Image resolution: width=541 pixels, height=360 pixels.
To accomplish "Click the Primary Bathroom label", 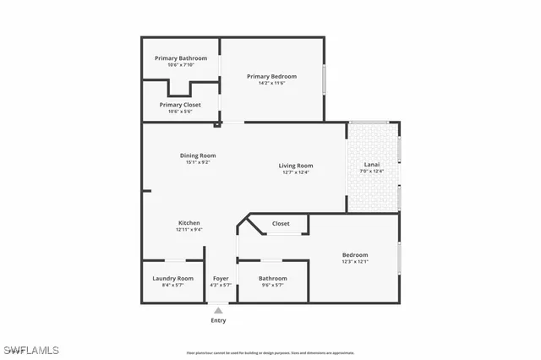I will point(181,58).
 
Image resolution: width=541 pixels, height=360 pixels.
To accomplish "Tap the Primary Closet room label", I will point(181,105).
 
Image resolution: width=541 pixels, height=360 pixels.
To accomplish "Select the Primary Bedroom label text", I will point(271,77).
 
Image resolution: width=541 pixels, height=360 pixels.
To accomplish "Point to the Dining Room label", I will point(198,155).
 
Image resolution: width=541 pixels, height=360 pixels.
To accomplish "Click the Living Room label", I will point(296,166).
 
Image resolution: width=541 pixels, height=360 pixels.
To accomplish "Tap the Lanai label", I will point(372,164).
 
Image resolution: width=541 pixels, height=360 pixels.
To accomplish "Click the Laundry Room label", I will point(172,278).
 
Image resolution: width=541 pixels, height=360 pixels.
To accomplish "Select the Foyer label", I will point(221,278).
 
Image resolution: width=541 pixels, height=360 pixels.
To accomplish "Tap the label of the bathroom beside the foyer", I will point(273,278).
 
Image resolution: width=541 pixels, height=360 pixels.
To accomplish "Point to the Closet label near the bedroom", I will point(281,224).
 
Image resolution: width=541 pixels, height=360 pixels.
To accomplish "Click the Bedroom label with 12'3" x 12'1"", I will point(355,255).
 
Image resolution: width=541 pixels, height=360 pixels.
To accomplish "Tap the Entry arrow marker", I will point(218,310).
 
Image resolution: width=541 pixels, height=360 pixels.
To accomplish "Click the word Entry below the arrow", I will point(218,321).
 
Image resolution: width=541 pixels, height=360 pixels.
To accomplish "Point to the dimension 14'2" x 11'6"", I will point(271,84).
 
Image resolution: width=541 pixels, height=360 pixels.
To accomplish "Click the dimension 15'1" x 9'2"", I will point(198,162).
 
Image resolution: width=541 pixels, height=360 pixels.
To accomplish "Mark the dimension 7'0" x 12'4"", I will point(372,172).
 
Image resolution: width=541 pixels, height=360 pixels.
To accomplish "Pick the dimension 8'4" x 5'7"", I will point(172,286).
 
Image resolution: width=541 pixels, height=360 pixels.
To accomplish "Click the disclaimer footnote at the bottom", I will point(270,352).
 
